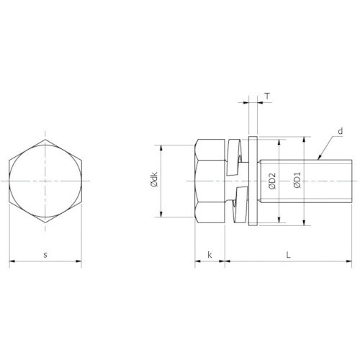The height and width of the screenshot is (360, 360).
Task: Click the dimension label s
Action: (x=45, y=255)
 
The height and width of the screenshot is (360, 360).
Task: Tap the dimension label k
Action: (x=210, y=255)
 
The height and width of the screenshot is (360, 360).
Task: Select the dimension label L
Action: (x=289, y=255)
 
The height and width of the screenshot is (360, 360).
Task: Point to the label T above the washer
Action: (x=267, y=96)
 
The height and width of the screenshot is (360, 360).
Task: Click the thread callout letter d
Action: (x=341, y=131)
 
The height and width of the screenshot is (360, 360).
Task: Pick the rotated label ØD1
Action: (x=298, y=180)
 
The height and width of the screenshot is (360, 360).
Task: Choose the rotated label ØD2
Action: (x=273, y=181)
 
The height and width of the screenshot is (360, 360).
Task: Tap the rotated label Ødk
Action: (x=154, y=179)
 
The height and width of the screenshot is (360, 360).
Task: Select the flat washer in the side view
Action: (x=253, y=181)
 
